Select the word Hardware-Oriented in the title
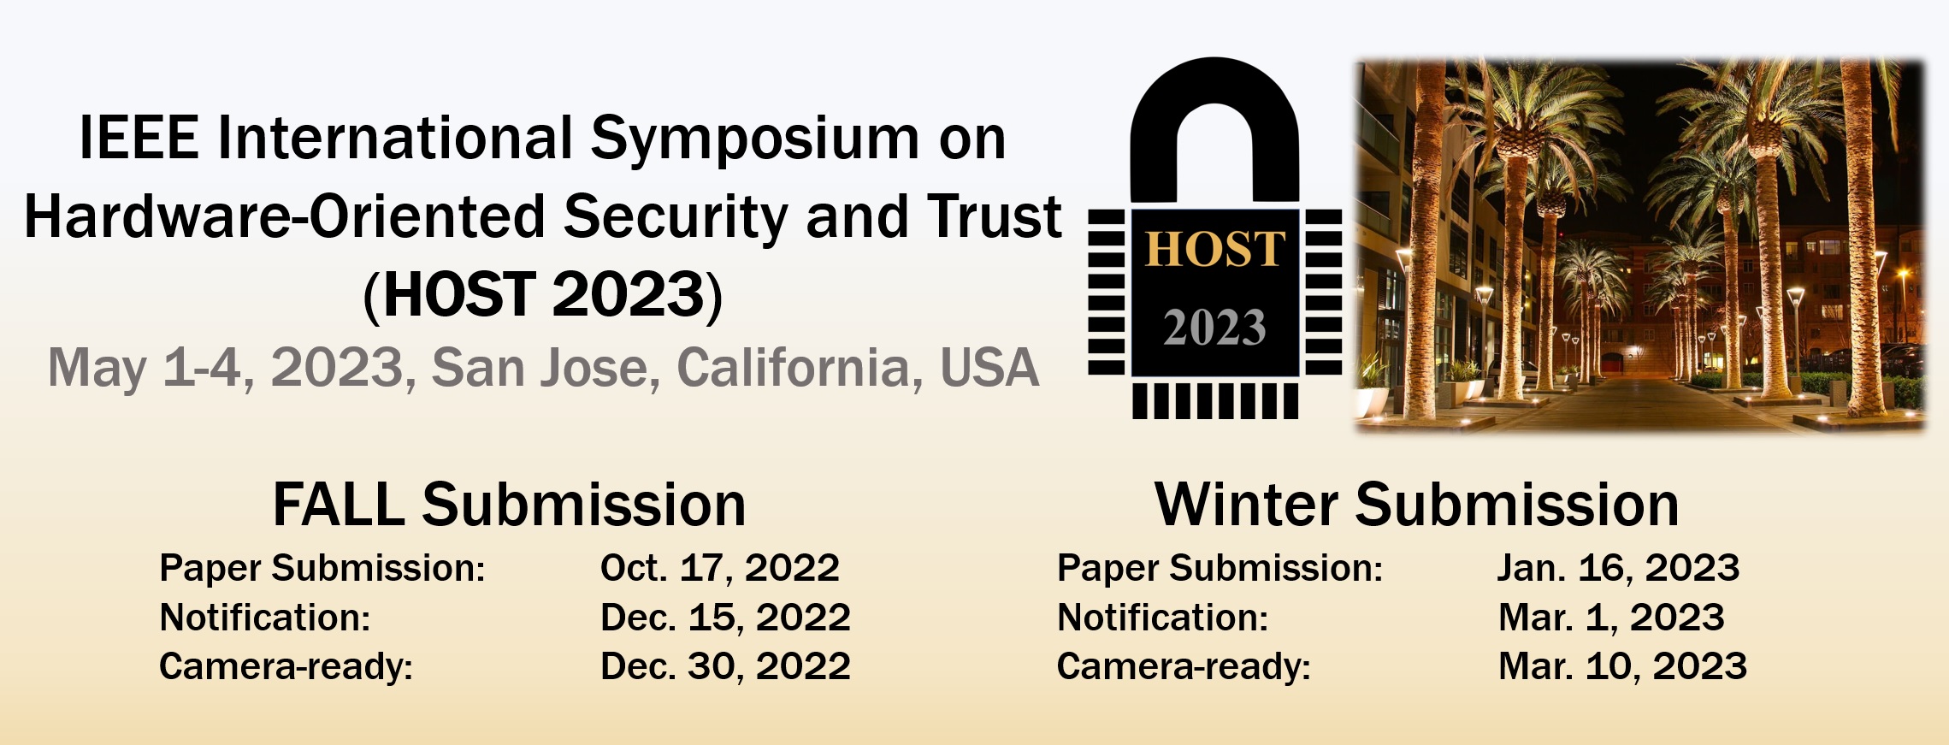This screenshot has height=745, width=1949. [x=286, y=216]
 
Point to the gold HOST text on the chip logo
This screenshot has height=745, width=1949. [x=1214, y=249]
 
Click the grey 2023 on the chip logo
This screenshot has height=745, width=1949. [x=1214, y=328]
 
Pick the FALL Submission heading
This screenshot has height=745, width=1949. [x=510, y=505]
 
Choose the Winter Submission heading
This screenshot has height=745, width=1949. [x=1416, y=505]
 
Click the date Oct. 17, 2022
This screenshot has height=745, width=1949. [x=720, y=568]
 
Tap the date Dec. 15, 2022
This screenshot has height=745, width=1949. [x=725, y=618]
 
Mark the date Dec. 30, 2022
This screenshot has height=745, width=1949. [x=725, y=666]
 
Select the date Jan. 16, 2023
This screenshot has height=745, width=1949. [x=1618, y=568]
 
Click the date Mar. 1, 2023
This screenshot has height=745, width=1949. [x=1611, y=618]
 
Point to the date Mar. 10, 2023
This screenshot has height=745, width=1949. [x=1622, y=666]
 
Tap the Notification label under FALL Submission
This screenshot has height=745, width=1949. [x=265, y=618]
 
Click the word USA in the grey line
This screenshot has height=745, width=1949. [x=989, y=368]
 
